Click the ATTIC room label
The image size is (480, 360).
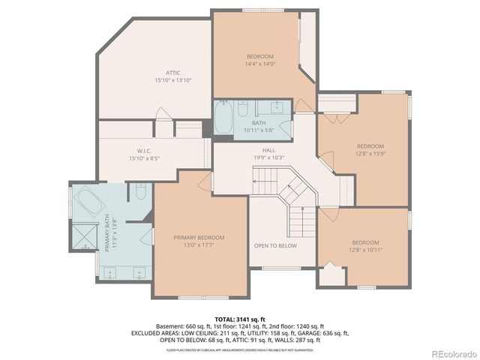168,73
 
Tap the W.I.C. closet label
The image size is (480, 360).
135,151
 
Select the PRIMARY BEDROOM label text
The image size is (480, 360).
199,238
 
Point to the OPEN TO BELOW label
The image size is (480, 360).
275,245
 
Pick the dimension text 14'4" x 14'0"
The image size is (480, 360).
260,64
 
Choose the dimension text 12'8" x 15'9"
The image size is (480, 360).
370,153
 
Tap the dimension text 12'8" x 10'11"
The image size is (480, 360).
365,250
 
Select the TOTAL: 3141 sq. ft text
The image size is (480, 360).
239,319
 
